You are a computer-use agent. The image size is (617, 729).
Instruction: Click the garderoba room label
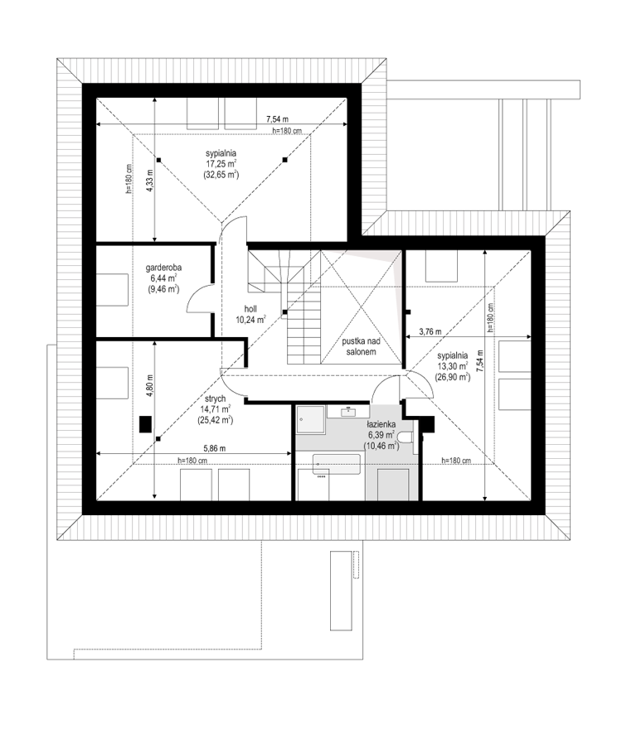pos(163,268)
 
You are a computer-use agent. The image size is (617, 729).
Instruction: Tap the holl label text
pos(250,309)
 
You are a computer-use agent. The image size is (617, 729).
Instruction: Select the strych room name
pos(215,399)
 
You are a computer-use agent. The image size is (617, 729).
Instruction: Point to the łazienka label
pos(381,424)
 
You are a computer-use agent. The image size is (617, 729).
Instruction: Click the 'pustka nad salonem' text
pos(361,346)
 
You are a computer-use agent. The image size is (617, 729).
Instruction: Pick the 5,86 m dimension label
pos(215,449)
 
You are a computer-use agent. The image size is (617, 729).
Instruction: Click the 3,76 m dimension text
pos(430,332)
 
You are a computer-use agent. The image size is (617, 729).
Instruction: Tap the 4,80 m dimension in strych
pos(149,385)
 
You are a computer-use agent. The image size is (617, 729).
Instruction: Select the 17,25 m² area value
pos(221,164)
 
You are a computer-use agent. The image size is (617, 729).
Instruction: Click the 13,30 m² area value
pos(453,366)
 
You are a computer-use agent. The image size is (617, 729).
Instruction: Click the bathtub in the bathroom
pos(337,464)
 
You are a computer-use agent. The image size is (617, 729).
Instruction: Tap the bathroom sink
pos(348,412)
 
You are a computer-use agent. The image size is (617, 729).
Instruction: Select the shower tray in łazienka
pos(310,420)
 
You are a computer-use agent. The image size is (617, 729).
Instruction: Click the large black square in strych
pos(146,424)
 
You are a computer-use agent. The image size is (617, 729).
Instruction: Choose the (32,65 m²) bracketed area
pos(221,175)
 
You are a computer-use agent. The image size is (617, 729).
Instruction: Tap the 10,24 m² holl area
pos(250,320)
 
